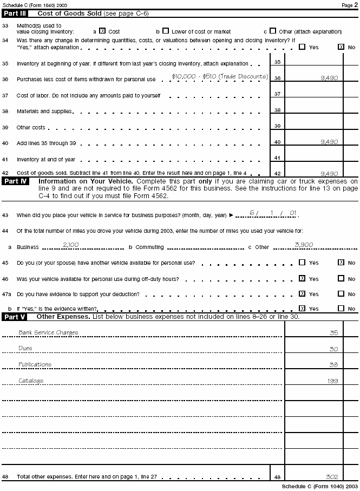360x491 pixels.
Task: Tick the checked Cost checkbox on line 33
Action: [102, 31]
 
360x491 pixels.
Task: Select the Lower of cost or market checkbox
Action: [166, 31]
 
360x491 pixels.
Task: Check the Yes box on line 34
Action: [302, 47]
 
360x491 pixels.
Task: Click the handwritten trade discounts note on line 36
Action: [219, 77]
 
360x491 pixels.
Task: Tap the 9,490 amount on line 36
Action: [329, 78]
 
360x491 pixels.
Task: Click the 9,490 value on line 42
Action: [329, 174]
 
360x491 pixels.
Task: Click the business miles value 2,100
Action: [71, 245]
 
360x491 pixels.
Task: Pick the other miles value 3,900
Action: [304, 245]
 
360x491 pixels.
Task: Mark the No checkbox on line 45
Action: [341, 263]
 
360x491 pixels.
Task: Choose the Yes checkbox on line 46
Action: [302, 278]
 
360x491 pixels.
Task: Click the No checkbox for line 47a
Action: [341, 294]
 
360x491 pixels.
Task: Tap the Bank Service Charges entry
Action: [48, 332]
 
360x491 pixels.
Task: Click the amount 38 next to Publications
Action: [333, 365]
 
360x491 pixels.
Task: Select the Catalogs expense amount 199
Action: [332, 381]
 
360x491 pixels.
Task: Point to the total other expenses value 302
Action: [332, 477]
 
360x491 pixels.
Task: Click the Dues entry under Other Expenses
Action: [25, 349]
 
